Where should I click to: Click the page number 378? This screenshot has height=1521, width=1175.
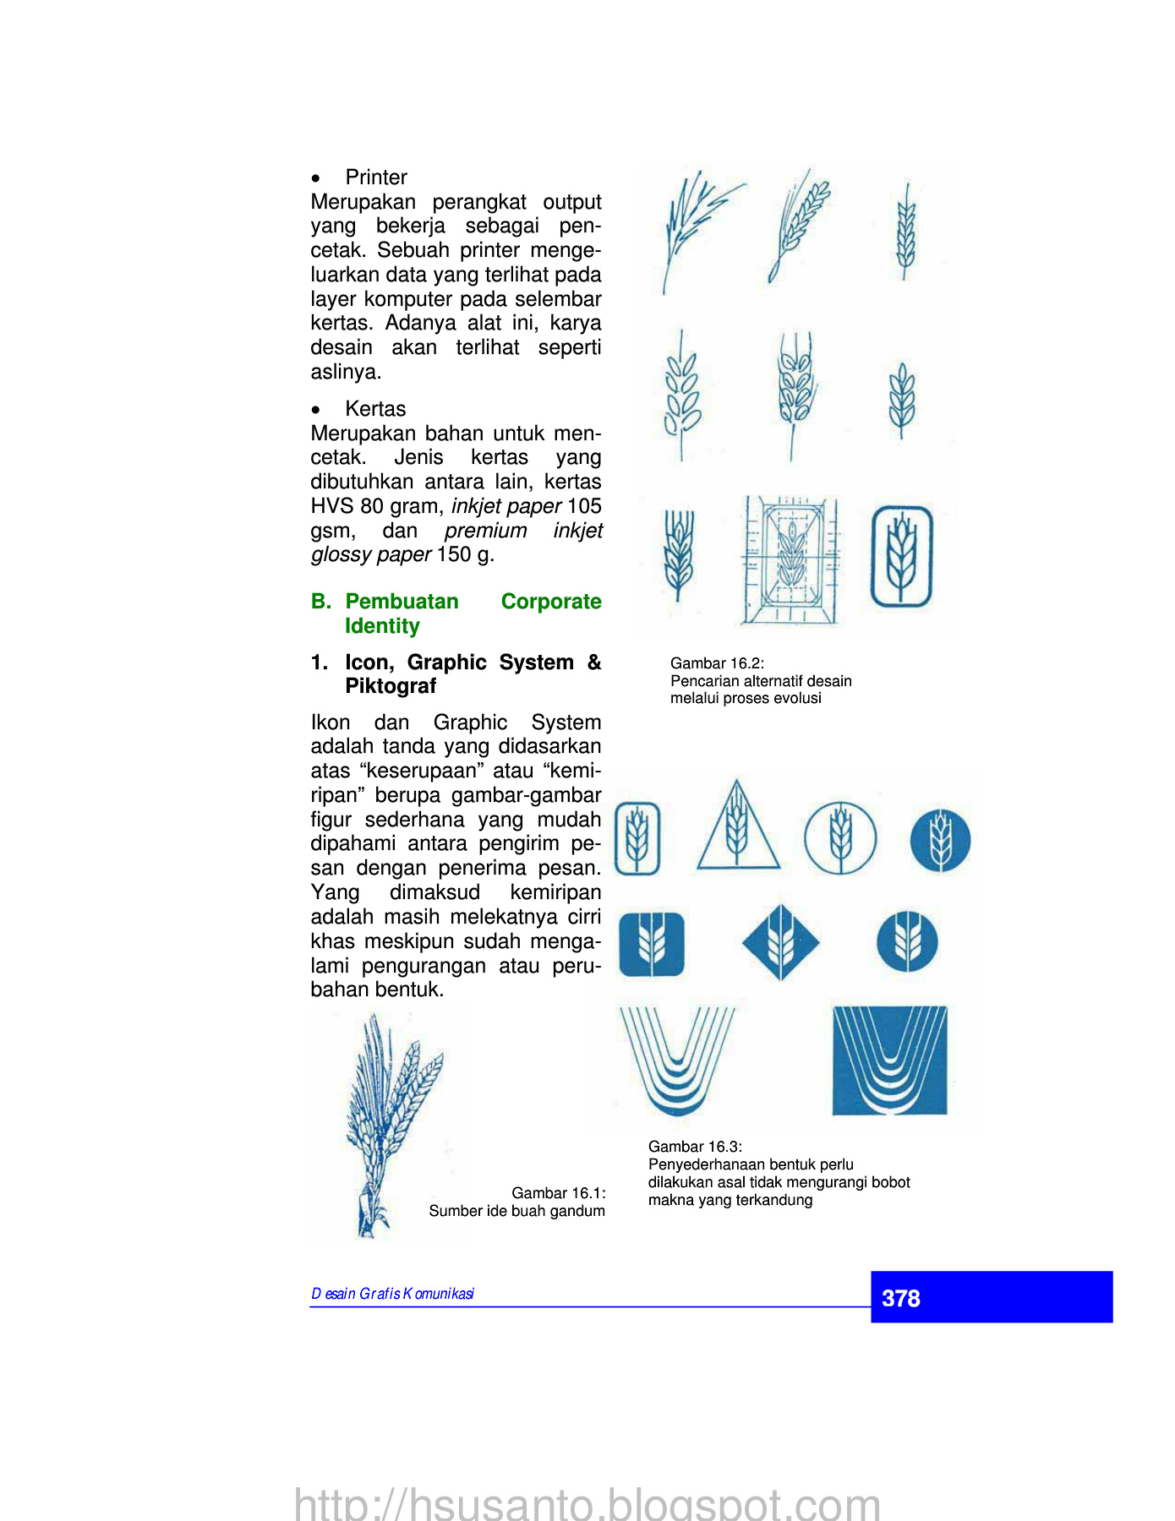click(900, 1298)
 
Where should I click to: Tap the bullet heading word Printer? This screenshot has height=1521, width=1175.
click(376, 177)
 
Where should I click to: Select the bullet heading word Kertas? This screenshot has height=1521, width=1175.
click(375, 409)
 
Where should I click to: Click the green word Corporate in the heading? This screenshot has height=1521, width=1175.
click(551, 602)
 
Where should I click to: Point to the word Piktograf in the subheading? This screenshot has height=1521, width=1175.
click(391, 686)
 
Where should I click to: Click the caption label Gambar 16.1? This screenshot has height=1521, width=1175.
click(559, 1193)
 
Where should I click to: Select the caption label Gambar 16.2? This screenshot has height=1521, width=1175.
click(717, 663)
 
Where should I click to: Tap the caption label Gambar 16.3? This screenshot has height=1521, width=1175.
click(695, 1147)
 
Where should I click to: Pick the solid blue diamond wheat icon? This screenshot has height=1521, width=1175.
click(780, 942)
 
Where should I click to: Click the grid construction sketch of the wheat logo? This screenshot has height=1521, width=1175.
click(791, 560)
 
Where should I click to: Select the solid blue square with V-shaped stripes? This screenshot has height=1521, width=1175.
click(889, 1060)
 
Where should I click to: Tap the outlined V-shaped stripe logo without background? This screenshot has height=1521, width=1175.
click(676, 1060)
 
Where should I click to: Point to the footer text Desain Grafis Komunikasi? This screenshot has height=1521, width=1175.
click(393, 1294)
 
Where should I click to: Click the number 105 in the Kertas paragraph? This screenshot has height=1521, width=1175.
click(584, 506)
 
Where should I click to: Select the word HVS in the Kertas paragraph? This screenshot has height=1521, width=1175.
click(332, 506)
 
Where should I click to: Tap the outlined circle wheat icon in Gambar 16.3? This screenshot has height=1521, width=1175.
click(839, 837)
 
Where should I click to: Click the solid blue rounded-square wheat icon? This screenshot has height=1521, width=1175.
click(652, 943)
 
